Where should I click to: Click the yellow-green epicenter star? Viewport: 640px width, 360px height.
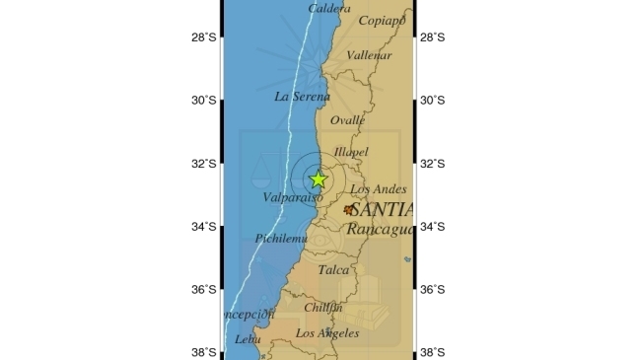tap(318, 180)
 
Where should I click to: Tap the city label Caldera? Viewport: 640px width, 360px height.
tap(328, 9)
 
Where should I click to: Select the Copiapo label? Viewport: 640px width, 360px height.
tap(383, 20)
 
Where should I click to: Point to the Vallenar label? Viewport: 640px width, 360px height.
tap(371, 56)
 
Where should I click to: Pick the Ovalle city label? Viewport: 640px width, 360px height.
tap(348, 120)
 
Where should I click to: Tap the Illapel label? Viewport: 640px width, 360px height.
tap(351, 152)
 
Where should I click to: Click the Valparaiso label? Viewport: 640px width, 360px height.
tap(287, 198)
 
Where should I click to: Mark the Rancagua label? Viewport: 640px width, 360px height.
tap(380, 229)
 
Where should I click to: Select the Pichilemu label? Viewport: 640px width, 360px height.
tap(281, 239)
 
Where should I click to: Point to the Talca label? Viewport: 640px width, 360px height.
tap(333, 269)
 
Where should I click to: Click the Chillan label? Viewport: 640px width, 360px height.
tap(323, 308)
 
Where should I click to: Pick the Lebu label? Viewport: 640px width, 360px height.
tap(247, 339)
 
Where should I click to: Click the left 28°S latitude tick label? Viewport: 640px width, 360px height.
tap(205, 37)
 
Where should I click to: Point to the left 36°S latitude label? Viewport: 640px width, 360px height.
tap(205, 290)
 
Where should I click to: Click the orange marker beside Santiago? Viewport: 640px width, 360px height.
tap(348, 209)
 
